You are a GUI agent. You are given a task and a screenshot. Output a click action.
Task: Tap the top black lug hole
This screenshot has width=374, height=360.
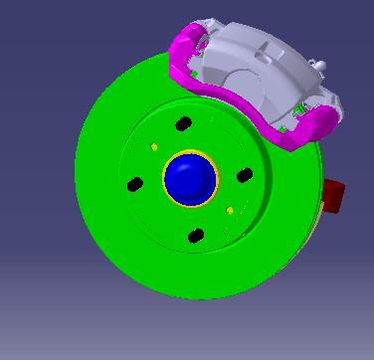point(183,124)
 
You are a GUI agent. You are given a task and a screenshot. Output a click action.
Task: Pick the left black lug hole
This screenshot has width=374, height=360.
point(135,184)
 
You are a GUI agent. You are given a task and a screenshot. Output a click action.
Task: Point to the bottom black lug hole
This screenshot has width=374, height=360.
point(196,236)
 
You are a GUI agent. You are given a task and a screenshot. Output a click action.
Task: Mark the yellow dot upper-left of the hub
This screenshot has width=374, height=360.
point(154,146)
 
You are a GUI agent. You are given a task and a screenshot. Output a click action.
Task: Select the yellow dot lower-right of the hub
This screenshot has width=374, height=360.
point(231,211)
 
